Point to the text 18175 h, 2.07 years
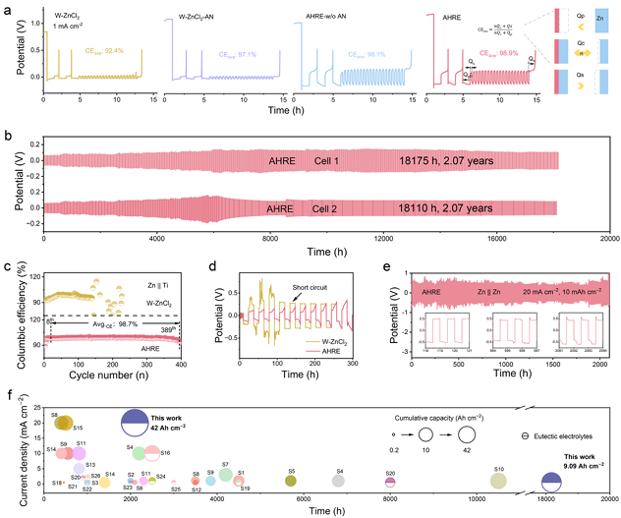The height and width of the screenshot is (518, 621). click(x=446, y=157)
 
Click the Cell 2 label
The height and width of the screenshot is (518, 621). click(x=338, y=207)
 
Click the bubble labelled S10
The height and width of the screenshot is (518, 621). click(x=499, y=480)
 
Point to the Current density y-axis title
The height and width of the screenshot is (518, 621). click(x=13, y=444)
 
